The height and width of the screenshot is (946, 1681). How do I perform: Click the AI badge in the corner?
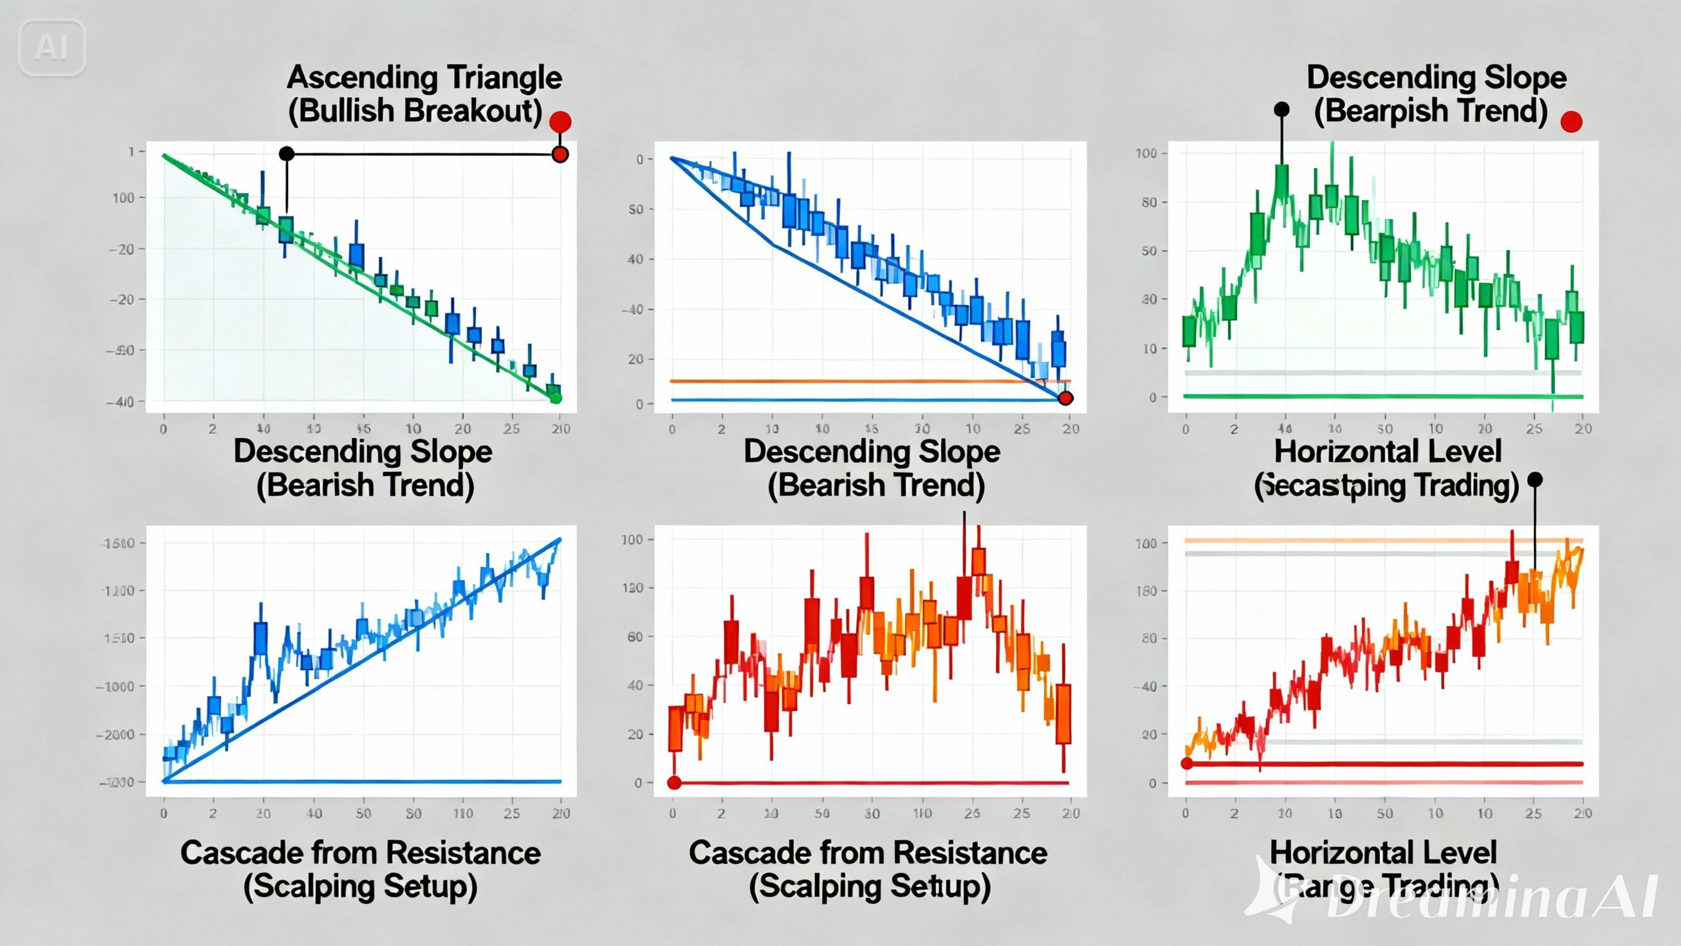tap(51, 47)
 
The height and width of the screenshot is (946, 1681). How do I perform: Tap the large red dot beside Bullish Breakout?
tap(560, 121)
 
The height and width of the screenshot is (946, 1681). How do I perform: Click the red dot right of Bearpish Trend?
tap(1571, 121)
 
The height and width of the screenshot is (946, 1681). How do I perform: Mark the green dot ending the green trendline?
tap(556, 398)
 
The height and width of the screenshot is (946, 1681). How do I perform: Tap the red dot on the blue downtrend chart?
tap(1065, 398)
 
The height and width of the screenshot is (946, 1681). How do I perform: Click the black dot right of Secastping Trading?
tap(1535, 480)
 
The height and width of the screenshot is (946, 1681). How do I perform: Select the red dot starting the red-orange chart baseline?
tap(674, 783)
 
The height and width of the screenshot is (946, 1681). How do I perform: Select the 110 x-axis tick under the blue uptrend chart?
tap(463, 814)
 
